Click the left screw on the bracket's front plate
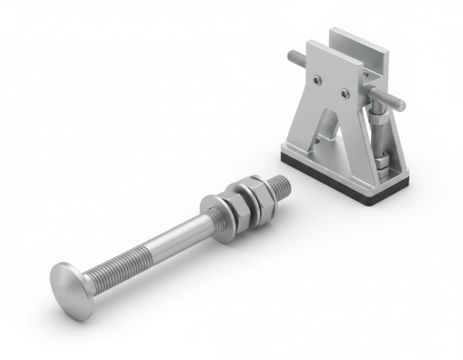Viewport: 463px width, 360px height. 317,76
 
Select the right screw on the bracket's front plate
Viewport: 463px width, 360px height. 345,94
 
